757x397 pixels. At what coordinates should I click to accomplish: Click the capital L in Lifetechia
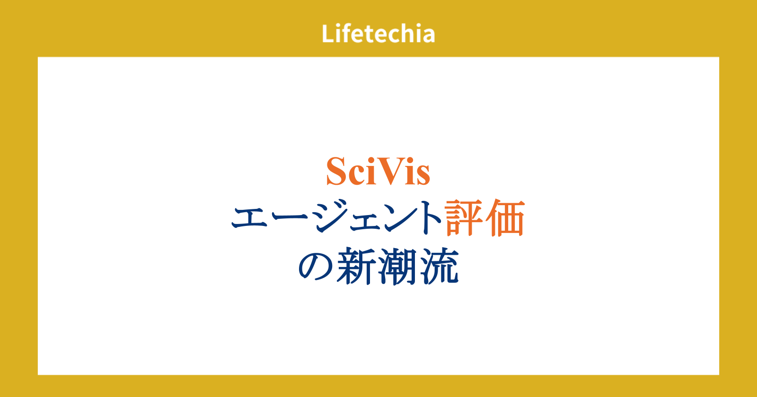point(327,34)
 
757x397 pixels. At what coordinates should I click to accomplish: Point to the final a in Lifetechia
point(428,36)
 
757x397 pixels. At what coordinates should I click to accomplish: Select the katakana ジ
point(331,216)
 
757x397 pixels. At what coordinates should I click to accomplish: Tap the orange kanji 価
point(505,218)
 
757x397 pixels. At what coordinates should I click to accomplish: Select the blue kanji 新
point(357,267)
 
